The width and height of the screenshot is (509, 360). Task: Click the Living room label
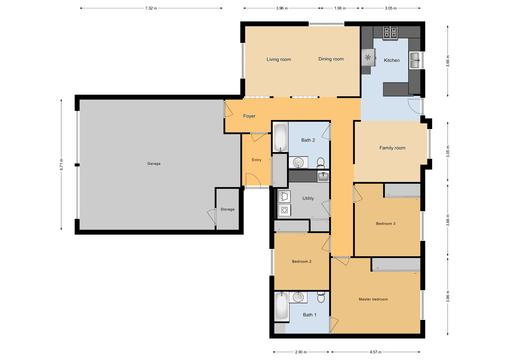(278, 60)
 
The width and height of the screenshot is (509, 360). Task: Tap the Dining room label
(331, 60)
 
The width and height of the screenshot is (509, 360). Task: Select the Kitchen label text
(392, 60)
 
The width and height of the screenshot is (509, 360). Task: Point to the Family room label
(392, 148)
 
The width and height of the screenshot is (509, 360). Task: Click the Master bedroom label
(373, 299)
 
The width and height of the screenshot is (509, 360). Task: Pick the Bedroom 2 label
(302, 261)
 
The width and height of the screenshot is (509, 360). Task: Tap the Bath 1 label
(309, 316)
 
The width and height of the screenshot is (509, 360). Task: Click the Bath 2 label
(308, 140)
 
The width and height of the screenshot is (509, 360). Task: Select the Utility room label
(309, 198)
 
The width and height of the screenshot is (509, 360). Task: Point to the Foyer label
(250, 117)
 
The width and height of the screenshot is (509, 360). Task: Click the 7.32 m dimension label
(150, 8)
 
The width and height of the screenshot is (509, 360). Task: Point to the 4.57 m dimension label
(375, 351)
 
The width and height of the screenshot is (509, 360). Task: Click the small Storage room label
(214, 209)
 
